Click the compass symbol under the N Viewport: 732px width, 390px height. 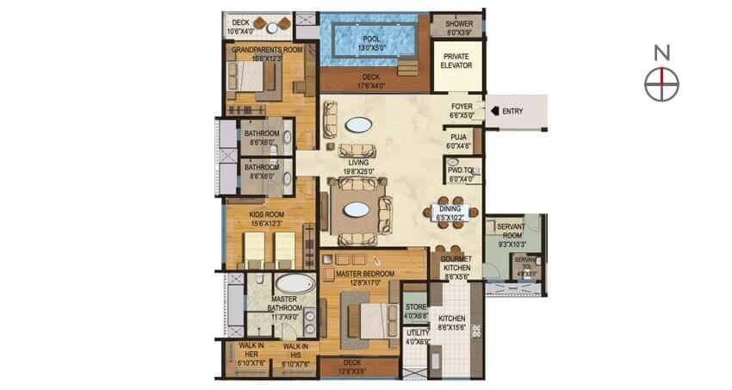tap(661, 84)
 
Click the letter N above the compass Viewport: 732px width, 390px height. tap(661, 53)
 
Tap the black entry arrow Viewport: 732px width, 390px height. tap(493, 111)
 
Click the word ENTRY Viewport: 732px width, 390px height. tap(512, 111)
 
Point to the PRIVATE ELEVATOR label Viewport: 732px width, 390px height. tap(456, 60)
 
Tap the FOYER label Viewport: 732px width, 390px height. tap(462, 107)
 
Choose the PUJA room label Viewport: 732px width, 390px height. tap(456, 135)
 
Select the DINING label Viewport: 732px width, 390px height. tap(450, 209)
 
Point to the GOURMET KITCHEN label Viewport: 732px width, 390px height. tap(455, 263)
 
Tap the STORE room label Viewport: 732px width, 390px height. tap(416, 307)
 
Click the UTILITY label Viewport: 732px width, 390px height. tap(417, 332)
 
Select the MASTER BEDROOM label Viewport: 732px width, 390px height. tap(365, 274)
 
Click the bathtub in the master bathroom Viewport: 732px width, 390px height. tap(295, 283)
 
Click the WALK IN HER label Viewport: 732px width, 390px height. tap(251, 349)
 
